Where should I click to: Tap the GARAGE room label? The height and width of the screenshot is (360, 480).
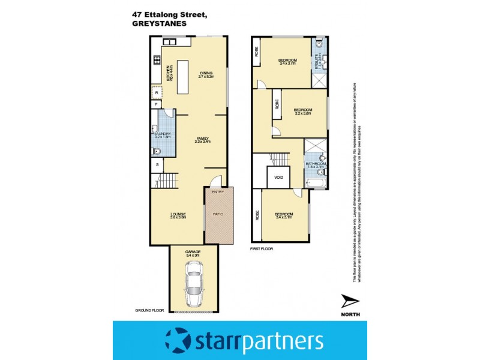point(193,251)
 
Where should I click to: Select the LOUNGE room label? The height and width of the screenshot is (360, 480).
point(178,214)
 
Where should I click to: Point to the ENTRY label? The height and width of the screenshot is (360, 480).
point(217,192)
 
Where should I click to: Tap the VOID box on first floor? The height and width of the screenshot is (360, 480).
point(278,178)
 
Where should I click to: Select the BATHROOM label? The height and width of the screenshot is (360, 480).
point(316,164)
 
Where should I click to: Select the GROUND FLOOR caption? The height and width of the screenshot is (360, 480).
point(149,311)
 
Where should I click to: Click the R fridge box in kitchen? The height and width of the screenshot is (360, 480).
point(157,93)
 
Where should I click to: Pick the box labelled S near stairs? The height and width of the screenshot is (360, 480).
point(157,163)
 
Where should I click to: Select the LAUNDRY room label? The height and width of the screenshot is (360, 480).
point(163,134)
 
